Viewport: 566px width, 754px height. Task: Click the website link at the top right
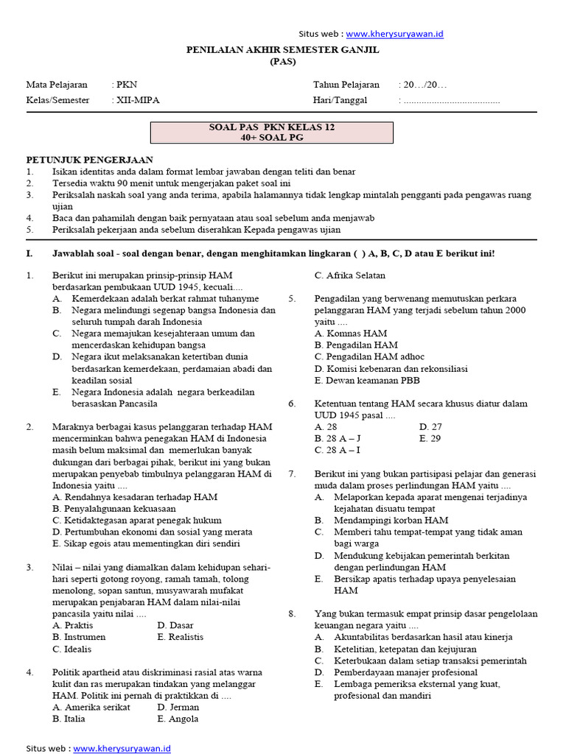(394, 34)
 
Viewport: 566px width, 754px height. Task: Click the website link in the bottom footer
(122, 748)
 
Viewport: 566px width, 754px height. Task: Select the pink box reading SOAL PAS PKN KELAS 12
(272, 133)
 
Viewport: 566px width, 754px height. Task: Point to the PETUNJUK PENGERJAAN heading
(90, 160)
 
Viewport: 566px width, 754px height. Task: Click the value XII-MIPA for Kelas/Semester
(138, 100)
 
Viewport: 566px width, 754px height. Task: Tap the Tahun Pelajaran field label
(346, 85)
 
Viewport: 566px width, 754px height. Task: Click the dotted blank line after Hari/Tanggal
(451, 101)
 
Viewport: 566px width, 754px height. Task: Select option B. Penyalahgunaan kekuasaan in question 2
(114, 509)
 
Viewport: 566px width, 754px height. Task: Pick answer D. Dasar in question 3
(175, 625)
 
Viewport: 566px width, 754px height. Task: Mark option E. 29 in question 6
(430, 438)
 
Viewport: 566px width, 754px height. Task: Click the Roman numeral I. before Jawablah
(29, 253)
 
